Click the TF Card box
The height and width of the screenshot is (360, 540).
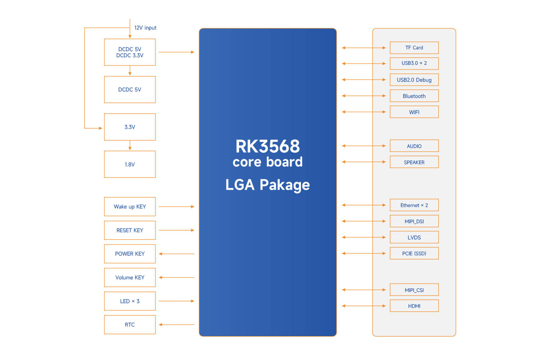[x=414, y=48]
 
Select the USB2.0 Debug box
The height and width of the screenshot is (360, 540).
[x=414, y=80]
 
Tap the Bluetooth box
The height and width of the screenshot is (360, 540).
[x=414, y=96]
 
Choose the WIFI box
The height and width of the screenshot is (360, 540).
[x=414, y=112]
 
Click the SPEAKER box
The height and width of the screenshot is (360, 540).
[x=414, y=162]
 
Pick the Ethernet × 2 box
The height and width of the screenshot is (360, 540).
[x=414, y=205]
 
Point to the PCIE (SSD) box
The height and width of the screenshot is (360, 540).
[x=414, y=253]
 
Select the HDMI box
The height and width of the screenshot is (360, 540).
[x=414, y=306]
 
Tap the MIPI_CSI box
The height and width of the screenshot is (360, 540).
[x=414, y=290]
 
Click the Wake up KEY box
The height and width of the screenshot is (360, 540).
[x=130, y=207]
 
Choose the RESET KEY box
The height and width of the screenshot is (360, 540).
[x=130, y=230]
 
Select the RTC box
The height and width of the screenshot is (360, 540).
[x=130, y=325]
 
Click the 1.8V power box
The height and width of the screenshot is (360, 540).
[x=130, y=164]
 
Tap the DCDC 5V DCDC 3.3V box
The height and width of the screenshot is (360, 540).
[x=130, y=52]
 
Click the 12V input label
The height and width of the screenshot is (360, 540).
[x=145, y=28]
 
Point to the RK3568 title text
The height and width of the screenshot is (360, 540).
[x=267, y=147]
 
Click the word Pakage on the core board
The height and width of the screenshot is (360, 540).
[x=284, y=185]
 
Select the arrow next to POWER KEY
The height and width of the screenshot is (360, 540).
[x=176, y=254]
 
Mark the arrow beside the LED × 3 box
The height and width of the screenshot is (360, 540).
[x=176, y=301]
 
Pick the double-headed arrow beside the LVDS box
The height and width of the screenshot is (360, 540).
[x=364, y=237]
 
